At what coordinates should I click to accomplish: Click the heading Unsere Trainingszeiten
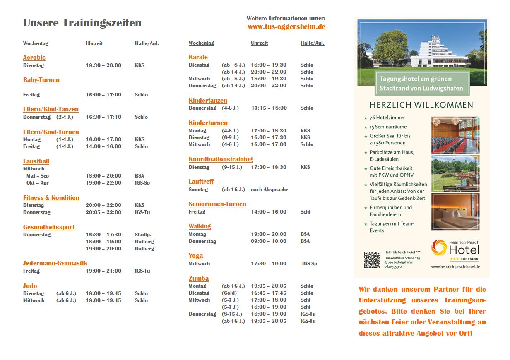click(82, 23)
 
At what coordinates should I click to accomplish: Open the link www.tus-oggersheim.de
click(286, 26)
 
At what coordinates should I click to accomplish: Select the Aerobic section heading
click(34, 58)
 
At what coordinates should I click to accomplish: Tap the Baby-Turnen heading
click(41, 80)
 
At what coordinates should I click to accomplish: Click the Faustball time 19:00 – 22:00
click(103, 183)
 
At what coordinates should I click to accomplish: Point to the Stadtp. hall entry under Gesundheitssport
click(142, 235)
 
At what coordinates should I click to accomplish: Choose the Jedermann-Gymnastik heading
click(55, 263)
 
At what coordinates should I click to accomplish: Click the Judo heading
click(30, 286)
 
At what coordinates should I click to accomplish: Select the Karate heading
click(198, 57)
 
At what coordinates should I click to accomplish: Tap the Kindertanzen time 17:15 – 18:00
click(269, 108)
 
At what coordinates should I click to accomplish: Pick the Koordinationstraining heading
click(221, 159)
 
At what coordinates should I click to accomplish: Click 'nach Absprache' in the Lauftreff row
click(269, 190)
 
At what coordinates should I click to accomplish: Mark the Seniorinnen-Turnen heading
click(217, 204)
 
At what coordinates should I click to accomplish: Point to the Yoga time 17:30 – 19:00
click(269, 264)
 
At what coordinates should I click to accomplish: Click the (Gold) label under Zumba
click(229, 293)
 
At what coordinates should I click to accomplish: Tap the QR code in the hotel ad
click(372, 259)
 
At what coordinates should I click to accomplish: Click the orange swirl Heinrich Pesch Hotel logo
click(439, 248)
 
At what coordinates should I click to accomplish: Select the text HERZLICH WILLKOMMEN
click(421, 105)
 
